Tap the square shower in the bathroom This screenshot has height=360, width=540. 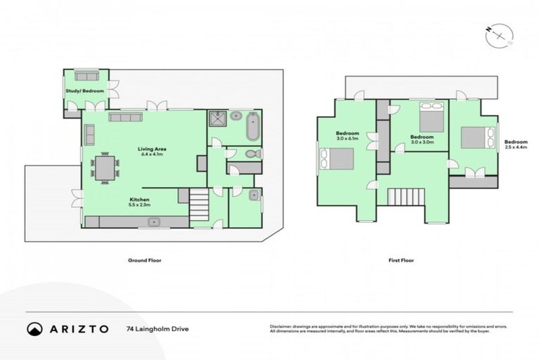[218, 118]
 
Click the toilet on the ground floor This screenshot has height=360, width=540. [252, 153]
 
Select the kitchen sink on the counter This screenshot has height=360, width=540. [153, 222]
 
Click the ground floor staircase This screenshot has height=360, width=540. [199, 204]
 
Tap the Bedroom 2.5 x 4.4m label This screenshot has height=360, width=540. [516, 143]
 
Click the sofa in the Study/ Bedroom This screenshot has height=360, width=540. [86, 76]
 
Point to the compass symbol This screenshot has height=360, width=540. [499, 34]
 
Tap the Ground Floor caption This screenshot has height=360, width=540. [141, 260]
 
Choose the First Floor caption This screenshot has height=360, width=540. [401, 260]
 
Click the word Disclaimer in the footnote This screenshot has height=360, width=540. [281, 326]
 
